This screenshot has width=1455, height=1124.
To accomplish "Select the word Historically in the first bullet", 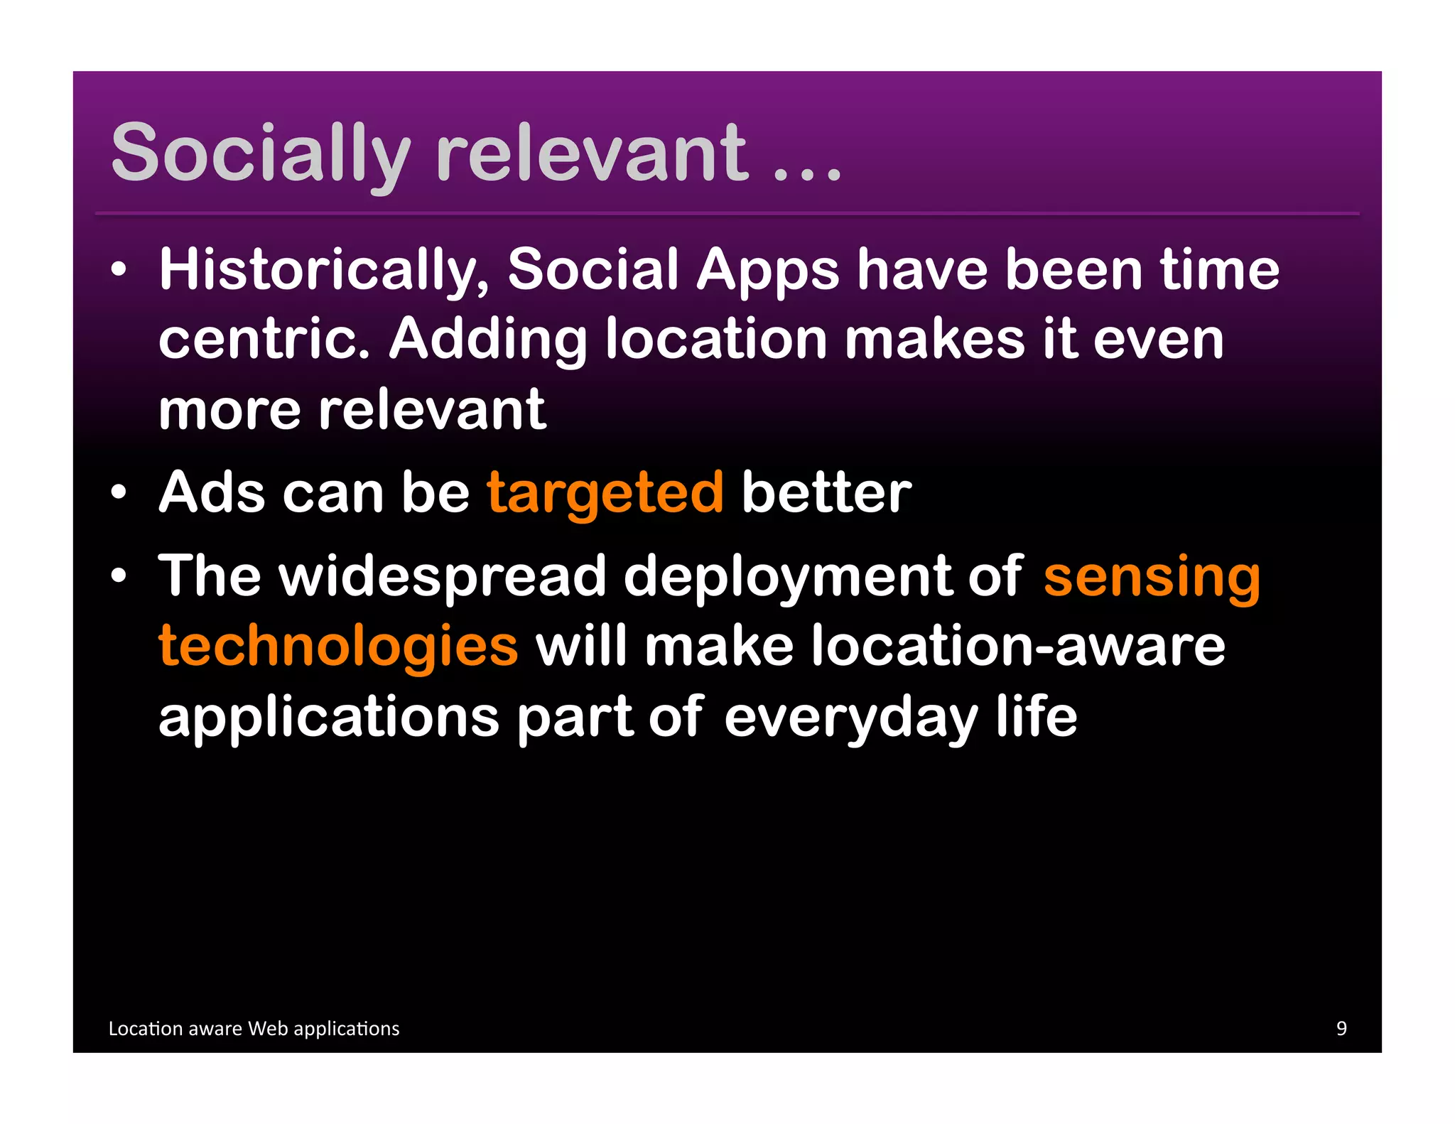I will tap(324, 270).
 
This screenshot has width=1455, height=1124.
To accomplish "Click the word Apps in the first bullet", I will tap(767, 270).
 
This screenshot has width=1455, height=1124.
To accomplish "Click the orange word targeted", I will tap(605, 493).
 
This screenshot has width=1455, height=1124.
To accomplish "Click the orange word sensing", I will tap(1152, 577).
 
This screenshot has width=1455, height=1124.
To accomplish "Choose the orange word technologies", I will tap(338, 647).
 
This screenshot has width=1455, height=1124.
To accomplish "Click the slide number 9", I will tap(1341, 1028).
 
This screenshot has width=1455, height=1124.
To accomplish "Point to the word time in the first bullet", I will tap(1219, 270).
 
